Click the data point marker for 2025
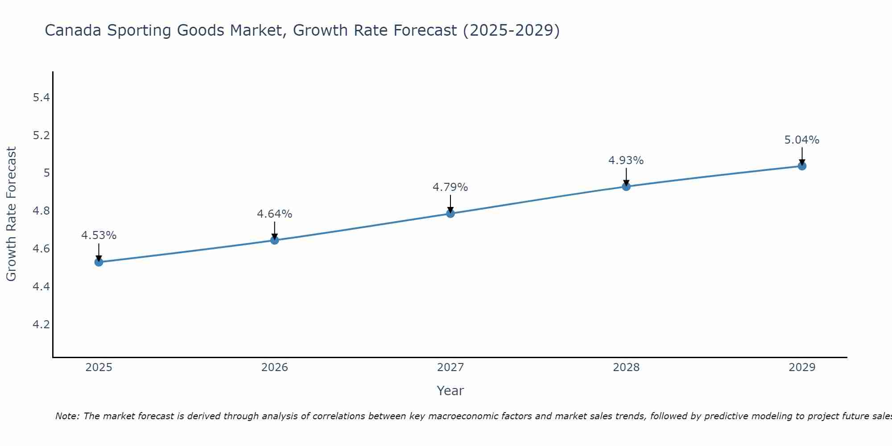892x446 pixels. coord(99,262)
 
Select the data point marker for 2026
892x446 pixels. coord(275,240)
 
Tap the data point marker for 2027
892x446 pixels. coord(450,214)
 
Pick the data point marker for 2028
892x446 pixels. coord(626,186)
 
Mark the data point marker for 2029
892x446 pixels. coord(802,166)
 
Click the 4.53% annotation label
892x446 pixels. coord(99,235)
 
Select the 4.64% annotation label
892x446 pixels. coord(275,214)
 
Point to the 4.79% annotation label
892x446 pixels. coord(450,187)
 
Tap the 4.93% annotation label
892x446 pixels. coord(626,161)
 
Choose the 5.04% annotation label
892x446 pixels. coord(802,140)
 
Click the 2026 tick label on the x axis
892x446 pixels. coord(275,368)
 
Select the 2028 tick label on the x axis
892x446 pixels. coord(626,368)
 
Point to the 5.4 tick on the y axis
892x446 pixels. coord(41,97)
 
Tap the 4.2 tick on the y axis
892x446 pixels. coord(41,324)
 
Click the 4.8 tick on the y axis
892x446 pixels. coord(41,211)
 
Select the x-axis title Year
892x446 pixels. coord(450,391)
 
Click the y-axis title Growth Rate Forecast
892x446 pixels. coord(11,214)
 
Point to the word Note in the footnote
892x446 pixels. coord(67,416)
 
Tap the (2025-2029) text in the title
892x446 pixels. coord(511,30)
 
